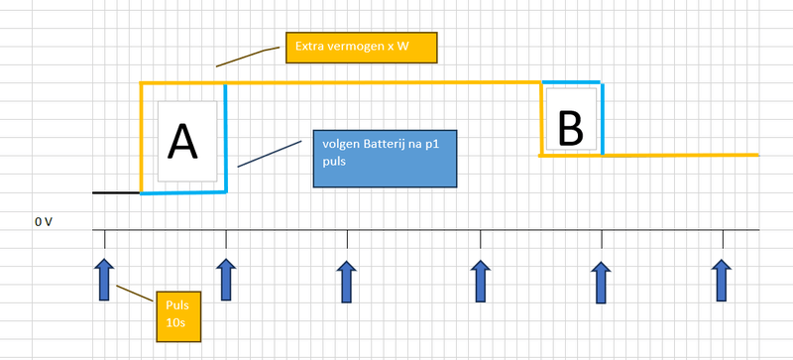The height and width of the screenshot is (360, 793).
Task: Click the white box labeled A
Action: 186,141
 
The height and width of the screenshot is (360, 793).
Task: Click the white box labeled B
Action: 570,121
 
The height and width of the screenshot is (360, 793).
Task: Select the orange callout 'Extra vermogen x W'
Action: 361,47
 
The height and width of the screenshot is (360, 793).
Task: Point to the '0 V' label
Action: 44,222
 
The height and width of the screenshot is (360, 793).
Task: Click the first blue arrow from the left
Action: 104,279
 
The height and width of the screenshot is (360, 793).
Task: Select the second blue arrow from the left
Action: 226,279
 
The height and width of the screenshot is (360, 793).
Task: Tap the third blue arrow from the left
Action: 346,281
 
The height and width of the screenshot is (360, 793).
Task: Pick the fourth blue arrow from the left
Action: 481,281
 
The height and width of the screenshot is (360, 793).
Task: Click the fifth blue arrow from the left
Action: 601,283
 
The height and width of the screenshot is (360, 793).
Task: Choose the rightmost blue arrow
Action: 723,281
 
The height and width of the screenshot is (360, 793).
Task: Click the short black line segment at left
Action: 116,192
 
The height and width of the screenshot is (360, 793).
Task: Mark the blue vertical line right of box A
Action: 226,139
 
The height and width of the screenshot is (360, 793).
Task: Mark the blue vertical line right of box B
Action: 602,119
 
